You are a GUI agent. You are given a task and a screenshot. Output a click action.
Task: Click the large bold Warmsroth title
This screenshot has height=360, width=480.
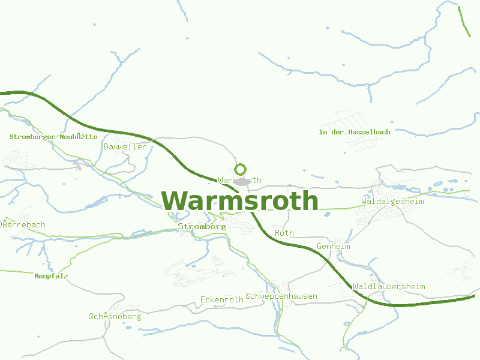tap(240, 201)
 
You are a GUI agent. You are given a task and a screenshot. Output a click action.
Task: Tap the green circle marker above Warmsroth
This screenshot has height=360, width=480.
tap(240, 169)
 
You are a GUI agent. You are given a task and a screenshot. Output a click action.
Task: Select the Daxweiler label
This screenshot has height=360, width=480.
tap(125, 146)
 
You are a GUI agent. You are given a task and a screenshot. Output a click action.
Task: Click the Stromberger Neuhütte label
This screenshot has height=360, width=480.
tap(53, 137)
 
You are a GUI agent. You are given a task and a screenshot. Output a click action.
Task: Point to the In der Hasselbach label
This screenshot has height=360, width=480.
tap(355, 132)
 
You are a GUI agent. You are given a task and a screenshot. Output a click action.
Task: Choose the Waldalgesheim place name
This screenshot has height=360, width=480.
tap(392, 201)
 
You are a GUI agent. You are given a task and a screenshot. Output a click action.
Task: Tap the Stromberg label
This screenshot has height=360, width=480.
tap(202, 227)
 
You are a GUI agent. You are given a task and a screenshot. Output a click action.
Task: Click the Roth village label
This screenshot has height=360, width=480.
tap(284, 233)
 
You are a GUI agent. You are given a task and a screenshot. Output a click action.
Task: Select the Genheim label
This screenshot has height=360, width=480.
tap(333, 247)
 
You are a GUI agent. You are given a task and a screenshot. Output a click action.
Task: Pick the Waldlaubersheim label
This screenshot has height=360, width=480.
tap(389, 286)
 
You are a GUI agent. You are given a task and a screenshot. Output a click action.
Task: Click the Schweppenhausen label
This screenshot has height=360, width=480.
tap(281, 296)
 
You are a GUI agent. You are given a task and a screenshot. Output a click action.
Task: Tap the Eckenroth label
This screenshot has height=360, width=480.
tap(222, 299)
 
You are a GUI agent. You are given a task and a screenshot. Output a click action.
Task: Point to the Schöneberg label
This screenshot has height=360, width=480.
tap(115, 316)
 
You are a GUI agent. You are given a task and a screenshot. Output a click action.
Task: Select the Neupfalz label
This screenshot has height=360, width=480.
tap(51, 276)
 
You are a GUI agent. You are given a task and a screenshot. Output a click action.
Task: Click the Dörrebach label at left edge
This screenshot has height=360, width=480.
tap(23, 225)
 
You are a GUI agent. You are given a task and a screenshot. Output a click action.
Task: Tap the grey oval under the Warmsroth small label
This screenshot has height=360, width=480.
tap(242, 181)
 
